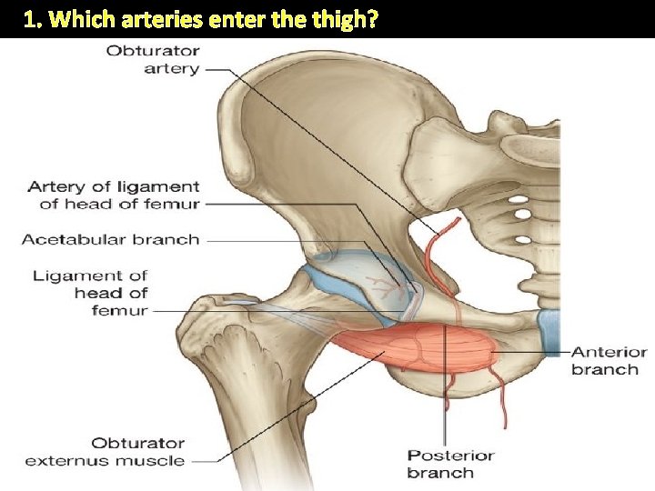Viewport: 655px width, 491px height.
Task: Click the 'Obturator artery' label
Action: pos(153,59)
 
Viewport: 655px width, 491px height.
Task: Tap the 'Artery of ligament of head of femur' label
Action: pos(114,195)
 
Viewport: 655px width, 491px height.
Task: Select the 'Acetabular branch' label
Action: pos(110,240)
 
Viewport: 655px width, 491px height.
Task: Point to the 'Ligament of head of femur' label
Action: pos(91,293)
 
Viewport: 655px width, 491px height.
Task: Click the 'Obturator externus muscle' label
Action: pos(106,452)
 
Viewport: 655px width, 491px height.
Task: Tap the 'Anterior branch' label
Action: pos(609,360)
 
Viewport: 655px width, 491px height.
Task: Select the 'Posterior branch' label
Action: pos(450,464)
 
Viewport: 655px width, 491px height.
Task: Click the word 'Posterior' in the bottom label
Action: pos(450,456)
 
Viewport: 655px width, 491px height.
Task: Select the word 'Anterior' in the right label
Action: pos(610,352)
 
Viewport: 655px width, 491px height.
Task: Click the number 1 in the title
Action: pos(32,20)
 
